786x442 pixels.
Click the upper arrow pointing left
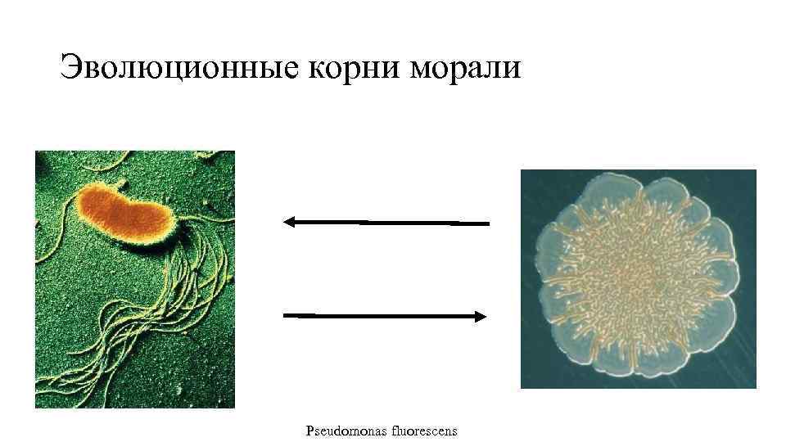(386, 222)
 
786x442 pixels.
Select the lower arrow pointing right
(386, 316)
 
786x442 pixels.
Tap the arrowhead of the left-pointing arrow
(288, 221)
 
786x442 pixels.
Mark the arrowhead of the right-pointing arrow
(481, 317)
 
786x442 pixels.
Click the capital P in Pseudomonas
(309, 431)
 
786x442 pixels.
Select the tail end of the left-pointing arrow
(486, 223)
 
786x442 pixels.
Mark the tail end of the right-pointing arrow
(287, 314)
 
